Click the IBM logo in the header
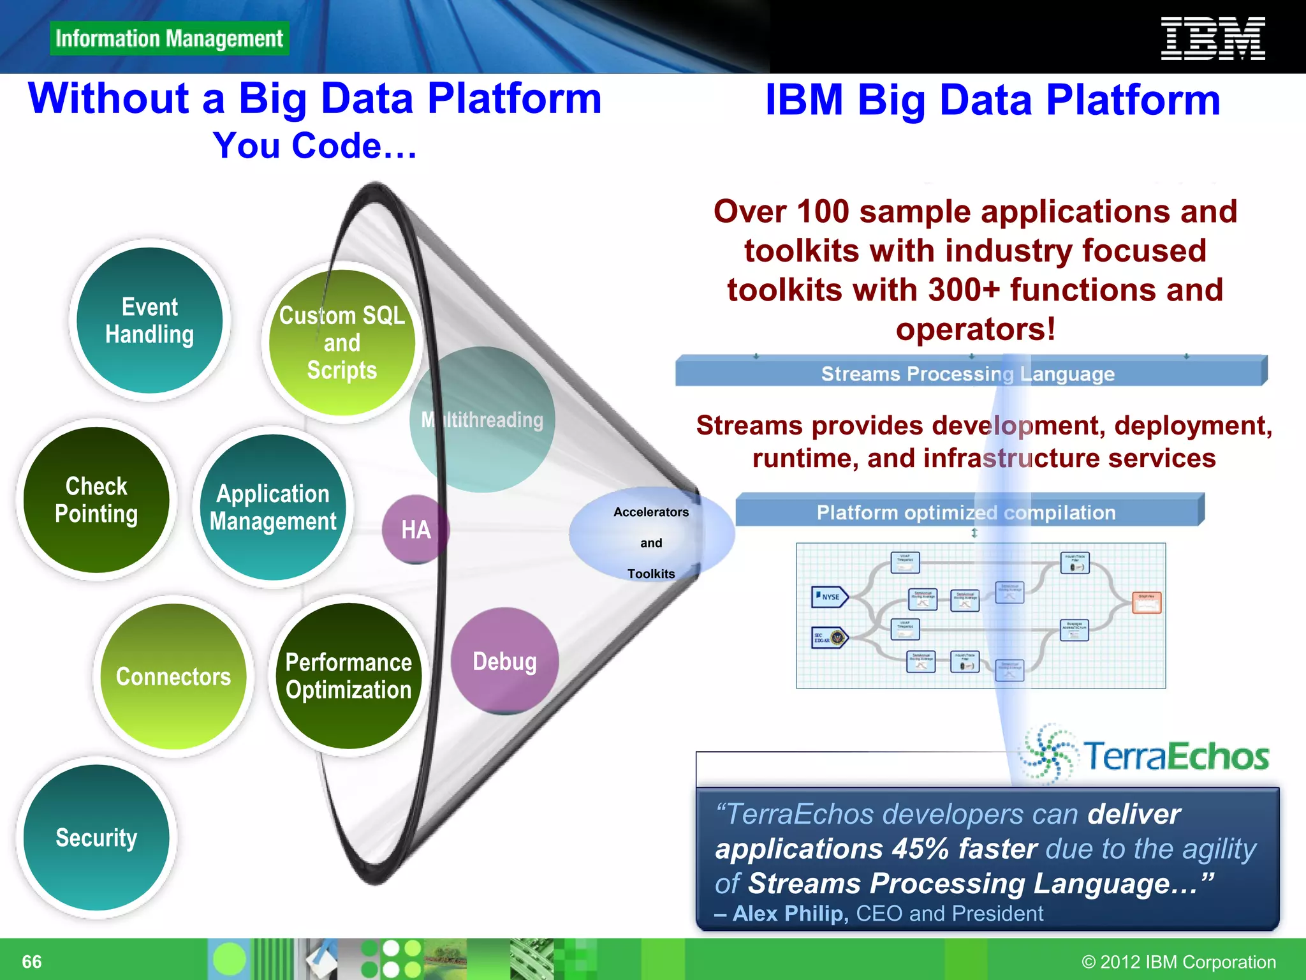[1212, 39]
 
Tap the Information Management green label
[169, 38]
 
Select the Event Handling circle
[149, 320]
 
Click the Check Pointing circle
[96, 500]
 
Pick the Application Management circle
[273, 507]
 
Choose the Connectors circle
[173, 676]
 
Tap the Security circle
[96, 837]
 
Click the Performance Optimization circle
[348, 676]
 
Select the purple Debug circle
[504, 661]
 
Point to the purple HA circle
[415, 530]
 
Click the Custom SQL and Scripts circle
[342, 343]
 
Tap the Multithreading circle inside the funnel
[483, 419]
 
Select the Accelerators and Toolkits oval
[651, 542]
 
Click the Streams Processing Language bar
[967, 373]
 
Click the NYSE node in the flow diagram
[829, 597]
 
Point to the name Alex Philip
[790, 913]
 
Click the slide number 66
[32, 961]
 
